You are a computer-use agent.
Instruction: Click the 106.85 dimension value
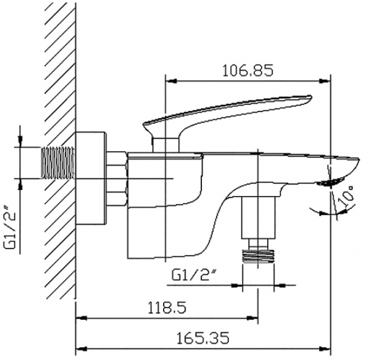pyautogui.click(x=248, y=71)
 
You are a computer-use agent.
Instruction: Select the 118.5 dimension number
pyautogui.click(x=167, y=308)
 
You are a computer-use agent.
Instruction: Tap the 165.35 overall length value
pyautogui.click(x=203, y=338)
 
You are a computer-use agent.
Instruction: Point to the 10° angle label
pyautogui.click(x=346, y=196)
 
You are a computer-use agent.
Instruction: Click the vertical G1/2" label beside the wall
pyautogui.click(x=10, y=227)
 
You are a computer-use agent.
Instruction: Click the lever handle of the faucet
pyautogui.click(x=228, y=115)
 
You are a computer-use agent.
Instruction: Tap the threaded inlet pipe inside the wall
pyautogui.click(x=58, y=163)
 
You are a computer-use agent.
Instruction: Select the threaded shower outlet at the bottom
pyautogui.click(x=259, y=256)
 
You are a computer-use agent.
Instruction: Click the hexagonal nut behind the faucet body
pyautogui.click(x=117, y=179)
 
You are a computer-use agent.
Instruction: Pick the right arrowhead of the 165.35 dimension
pyautogui.click(x=325, y=349)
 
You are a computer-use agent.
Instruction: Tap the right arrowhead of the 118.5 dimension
pyautogui.click(x=252, y=318)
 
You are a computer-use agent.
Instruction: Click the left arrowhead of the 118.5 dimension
pyautogui.click(x=82, y=318)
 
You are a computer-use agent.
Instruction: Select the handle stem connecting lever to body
pyautogui.click(x=165, y=144)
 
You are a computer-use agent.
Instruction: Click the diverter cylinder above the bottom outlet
pyautogui.click(x=258, y=217)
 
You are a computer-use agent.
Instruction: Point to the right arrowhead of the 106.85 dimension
pyautogui.click(x=325, y=81)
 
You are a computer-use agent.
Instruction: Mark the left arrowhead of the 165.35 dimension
pyautogui.click(x=82, y=349)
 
